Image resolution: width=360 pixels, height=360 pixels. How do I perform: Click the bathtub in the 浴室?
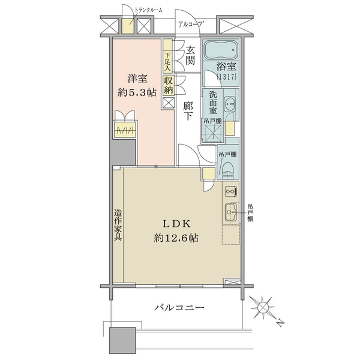(x=220, y=50)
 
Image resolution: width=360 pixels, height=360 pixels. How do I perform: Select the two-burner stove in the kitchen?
(x=231, y=191)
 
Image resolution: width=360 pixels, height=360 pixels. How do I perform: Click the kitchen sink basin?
(x=230, y=212)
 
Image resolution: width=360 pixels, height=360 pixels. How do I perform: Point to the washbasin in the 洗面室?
(x=230, y=104)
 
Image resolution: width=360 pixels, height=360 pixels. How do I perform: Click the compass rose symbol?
(x=262, y=307)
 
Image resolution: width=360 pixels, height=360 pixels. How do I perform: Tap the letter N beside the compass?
(x=280, y=323)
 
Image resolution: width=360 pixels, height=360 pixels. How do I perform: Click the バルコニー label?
(x=179, y=307)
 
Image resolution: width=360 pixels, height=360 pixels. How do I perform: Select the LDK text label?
(x=177, y=224)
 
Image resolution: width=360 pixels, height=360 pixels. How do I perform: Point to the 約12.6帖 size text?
(x=176, y=238)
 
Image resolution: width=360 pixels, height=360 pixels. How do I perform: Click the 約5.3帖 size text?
(x=137, y=93)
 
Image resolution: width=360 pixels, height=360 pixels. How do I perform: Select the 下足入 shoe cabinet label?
(x=168, y=62)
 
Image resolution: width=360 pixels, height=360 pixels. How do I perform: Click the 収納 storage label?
(x=168, y=85)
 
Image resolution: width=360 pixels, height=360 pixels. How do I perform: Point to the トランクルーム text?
(x=148, y=10)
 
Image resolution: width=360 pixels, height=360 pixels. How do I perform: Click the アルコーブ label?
(x=191, y=24)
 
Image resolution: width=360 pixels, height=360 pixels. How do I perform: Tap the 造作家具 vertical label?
(x=118, y=225)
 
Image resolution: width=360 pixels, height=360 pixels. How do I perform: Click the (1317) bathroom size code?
(x=227, y=77)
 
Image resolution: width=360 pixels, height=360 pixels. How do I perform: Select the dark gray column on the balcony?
(x=122, y=340)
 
